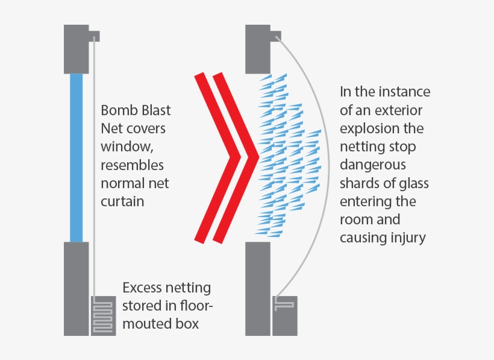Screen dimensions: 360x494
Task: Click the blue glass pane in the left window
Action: click(76, 157)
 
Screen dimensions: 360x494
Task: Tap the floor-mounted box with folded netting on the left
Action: click(103, 315)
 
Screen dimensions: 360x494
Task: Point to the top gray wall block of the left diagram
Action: click(77, 48)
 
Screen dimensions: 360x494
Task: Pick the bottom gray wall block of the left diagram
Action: click(77, 288)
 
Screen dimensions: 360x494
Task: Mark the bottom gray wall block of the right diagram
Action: click(258, 288)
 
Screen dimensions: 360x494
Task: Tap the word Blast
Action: click(154, 111)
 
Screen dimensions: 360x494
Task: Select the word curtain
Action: click(123, 201)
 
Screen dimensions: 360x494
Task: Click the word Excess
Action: click(142, 288)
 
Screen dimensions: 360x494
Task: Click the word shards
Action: click(360, 183)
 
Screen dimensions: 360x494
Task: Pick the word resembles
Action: click(132, 165)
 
